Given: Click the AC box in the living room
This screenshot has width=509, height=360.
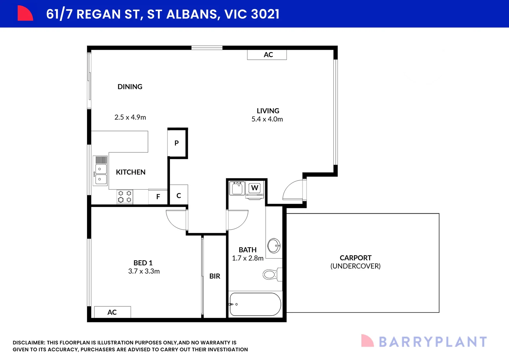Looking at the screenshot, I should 267,55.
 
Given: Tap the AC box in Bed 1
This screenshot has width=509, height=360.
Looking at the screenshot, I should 112,312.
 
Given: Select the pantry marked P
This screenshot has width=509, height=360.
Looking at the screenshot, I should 177,143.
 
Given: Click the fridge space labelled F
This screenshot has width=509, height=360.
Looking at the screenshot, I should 158,197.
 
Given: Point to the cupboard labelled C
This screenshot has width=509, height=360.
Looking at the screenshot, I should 179,195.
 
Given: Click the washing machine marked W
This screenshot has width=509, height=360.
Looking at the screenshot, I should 255,188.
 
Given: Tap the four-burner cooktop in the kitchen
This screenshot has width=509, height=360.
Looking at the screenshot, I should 125,197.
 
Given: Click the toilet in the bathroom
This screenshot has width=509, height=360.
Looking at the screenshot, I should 270,275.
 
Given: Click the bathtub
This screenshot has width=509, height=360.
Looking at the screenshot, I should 255,304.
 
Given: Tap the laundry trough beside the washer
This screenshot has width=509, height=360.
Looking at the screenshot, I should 237,188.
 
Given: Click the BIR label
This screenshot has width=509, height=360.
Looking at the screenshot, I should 215,276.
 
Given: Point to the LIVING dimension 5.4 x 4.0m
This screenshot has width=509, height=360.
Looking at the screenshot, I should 267,119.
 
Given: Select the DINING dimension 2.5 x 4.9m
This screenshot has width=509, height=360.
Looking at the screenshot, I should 130,117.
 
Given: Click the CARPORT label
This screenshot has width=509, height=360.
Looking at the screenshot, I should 355,258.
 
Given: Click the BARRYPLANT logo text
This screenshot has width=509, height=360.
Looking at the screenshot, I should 433,342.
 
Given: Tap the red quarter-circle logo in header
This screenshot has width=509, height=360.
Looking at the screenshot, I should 25,14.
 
